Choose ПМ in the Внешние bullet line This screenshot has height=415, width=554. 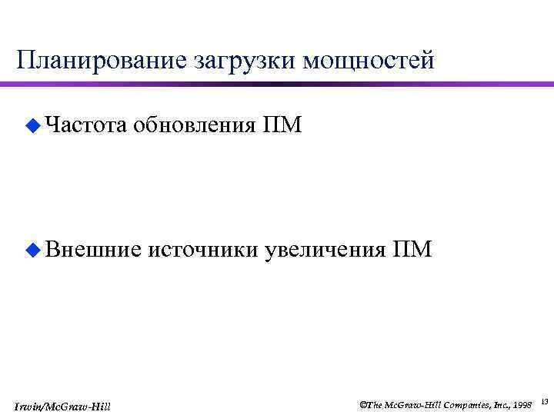(412, 249)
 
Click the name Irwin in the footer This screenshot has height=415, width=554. (28, 405)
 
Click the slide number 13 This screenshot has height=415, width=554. (544, 401)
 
